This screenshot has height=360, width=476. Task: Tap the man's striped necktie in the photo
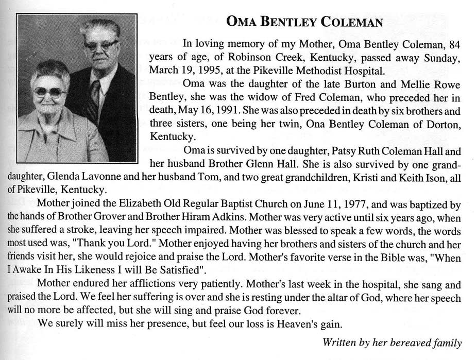click(x=95, y=101)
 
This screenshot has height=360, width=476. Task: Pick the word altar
click(x=343, y=297)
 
